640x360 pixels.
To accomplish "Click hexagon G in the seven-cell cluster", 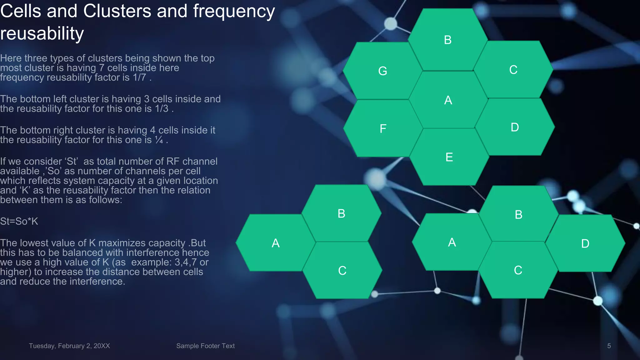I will coord(382,71).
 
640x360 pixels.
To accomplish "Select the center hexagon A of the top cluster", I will coord(448,100).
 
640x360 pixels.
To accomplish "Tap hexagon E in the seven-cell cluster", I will coord(449,157).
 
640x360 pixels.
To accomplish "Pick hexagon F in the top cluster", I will coord(383,128).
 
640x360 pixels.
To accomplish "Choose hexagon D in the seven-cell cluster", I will coord(515,127).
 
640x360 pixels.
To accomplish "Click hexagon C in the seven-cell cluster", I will coord(513,70).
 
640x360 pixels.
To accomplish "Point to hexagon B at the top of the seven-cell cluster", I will coord(447,40).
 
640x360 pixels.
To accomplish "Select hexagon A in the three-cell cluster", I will coord(275,243).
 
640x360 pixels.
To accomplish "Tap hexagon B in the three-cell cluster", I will coord(341,213).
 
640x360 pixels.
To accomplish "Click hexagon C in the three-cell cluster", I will coord(342,270).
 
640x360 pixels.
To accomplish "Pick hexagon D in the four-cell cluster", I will coord(585,243).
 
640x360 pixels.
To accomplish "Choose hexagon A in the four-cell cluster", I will coord(452,242).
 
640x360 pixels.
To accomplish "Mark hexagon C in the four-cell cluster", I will coord(518,270).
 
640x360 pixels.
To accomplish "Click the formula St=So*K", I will coord(19,221).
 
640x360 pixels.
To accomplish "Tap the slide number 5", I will coord(609,346).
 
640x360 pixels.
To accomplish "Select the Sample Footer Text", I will coord(205,346).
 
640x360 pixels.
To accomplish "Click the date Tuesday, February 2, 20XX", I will coord(69,346).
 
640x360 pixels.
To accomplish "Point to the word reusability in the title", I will coord(42,33).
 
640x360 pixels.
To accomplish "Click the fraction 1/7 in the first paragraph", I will coord(139,77).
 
